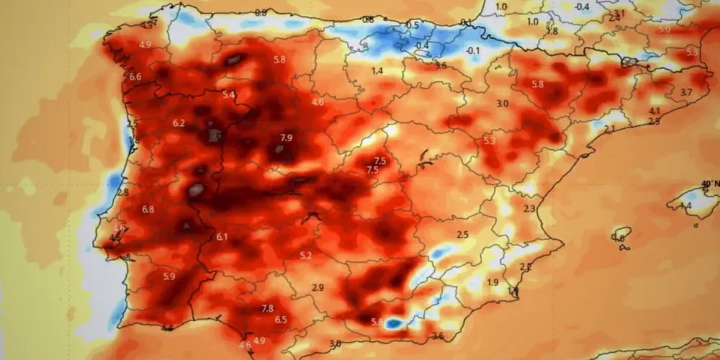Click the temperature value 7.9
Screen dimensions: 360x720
click(286, 138)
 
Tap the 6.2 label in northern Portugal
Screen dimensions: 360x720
click(179, 123)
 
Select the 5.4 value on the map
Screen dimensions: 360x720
click(229, 95)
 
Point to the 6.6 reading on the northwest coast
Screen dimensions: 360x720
click(135, 77)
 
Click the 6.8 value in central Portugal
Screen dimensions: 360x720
click(148, 210)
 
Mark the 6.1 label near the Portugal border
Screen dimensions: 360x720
click(222, 237)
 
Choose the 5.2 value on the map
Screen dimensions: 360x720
click(306, 256)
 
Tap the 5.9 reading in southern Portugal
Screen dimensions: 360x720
click(169, 276)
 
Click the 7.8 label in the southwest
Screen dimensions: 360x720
click(267, 308)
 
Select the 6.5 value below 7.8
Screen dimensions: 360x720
click(281, 320)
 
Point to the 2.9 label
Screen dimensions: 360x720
click(318, 288)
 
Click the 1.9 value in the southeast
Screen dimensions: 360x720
click(493, 282)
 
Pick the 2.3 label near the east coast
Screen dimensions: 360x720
click(529, 209)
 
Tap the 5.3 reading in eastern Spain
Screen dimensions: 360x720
click(490, 141)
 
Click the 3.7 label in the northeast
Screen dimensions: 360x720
click(685, 92)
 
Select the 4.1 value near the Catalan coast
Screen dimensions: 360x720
click(654, 111)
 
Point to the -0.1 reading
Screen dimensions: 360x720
click(473, 50)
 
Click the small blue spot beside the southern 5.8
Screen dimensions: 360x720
click(392, 324)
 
